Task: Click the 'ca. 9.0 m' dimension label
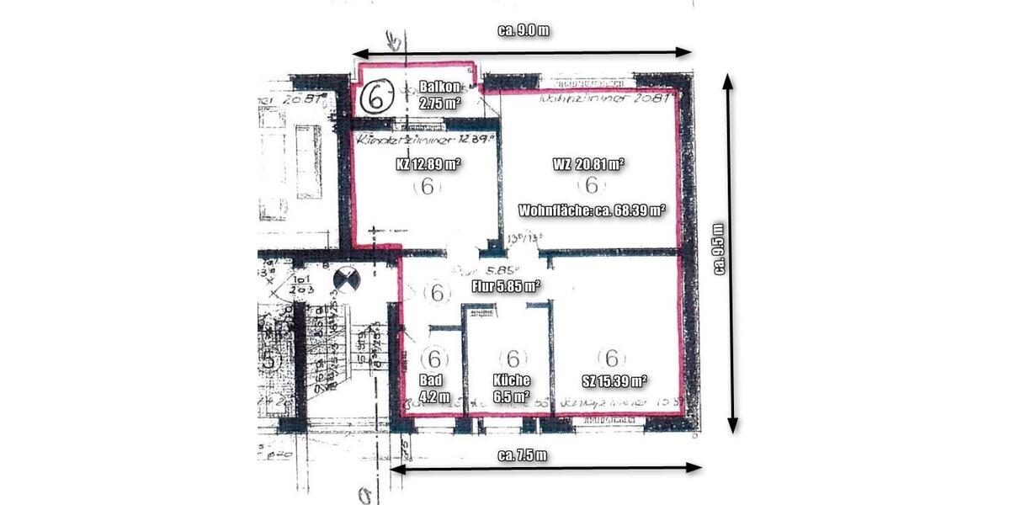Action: tap(524, 31)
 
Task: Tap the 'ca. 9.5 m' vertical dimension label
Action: tap(718, 249)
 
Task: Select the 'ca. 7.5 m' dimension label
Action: tap(523, 455)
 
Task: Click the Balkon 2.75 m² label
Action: tap(439, 95)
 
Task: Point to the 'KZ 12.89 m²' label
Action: tap(428, 163)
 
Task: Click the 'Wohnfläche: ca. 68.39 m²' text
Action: tap(593, 210)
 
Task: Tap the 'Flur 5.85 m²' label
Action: tap(506, 286)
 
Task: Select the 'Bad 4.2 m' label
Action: tap(432, 387)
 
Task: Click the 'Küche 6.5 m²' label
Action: tap(511, 387)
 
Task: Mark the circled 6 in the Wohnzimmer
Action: tap(591, 185)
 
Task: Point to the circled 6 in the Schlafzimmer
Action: tap(612, 358)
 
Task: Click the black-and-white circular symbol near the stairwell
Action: tap(346, 279)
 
